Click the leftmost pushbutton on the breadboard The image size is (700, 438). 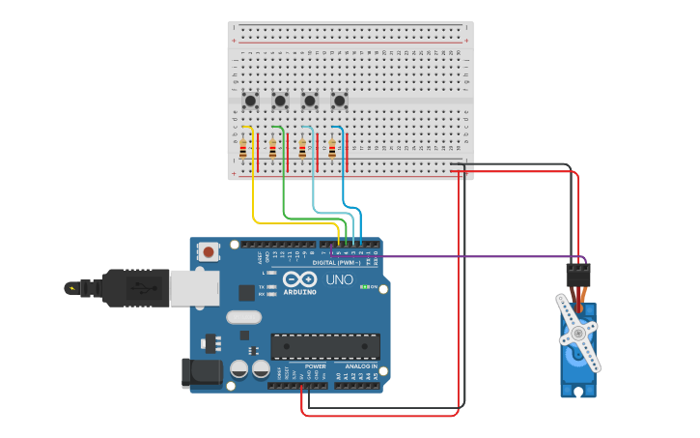click(x=251, y=101)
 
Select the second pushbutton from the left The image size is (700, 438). click(x=280, y=101)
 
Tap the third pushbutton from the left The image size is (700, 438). click(x=310, y=101)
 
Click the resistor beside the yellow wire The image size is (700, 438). click(x=243, y=148)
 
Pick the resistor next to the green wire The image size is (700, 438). click(x=273, y=148)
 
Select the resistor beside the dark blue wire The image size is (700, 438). click(x=333, y=148)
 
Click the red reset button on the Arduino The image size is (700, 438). click(x=209, y=251)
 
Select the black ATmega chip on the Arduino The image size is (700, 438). click(x=324, y=345)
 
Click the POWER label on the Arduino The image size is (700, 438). click(x=315, y=366)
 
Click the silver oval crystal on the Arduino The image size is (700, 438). click(x=243, y=316)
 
